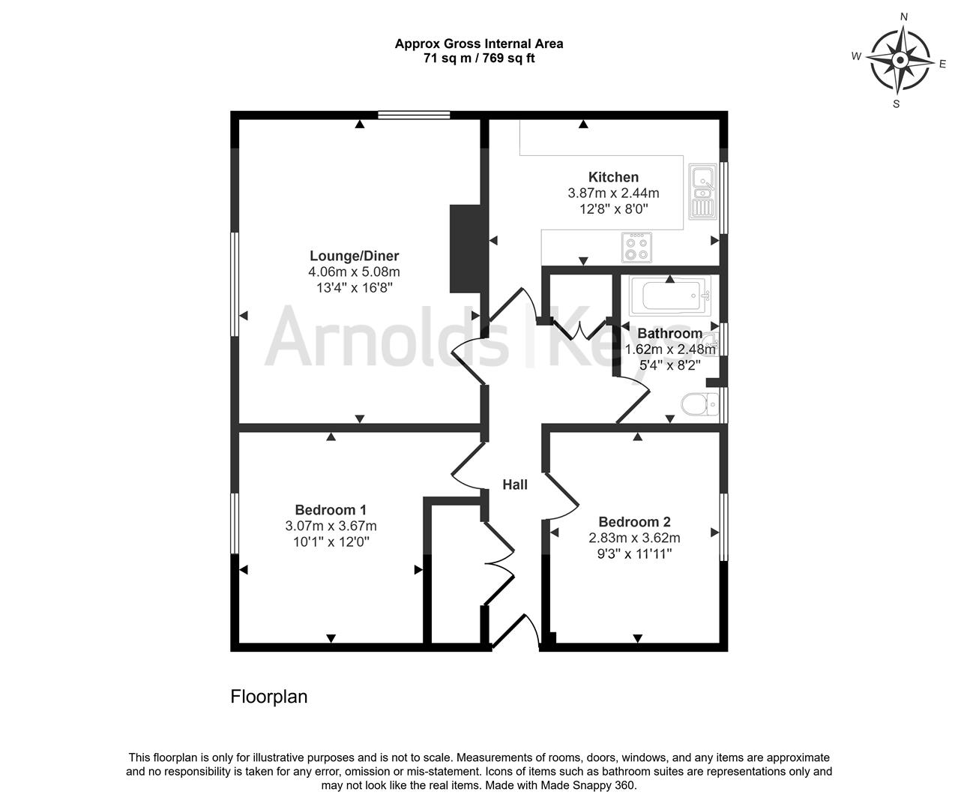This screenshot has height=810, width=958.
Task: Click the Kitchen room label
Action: (613, 177)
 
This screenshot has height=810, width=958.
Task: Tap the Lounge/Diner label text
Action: (355, 256)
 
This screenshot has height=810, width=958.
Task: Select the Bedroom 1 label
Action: (331, 510)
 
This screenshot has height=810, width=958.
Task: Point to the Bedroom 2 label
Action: (634, 522)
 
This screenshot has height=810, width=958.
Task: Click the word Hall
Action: (515, 485)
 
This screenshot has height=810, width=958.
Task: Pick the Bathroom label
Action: (669, 334)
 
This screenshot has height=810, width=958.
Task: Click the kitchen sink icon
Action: (702, 192)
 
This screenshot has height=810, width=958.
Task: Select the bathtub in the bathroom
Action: (669, 297)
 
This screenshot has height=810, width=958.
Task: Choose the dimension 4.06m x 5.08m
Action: (355, 272)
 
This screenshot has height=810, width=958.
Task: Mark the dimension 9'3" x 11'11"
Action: (634, 553)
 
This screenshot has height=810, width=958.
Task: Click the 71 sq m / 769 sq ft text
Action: (479, 58)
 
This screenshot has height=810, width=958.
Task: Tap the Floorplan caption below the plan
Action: (268, 697)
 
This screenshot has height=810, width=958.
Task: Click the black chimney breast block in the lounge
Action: (465, 248)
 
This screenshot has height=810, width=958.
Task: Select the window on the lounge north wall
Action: (414, 115)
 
